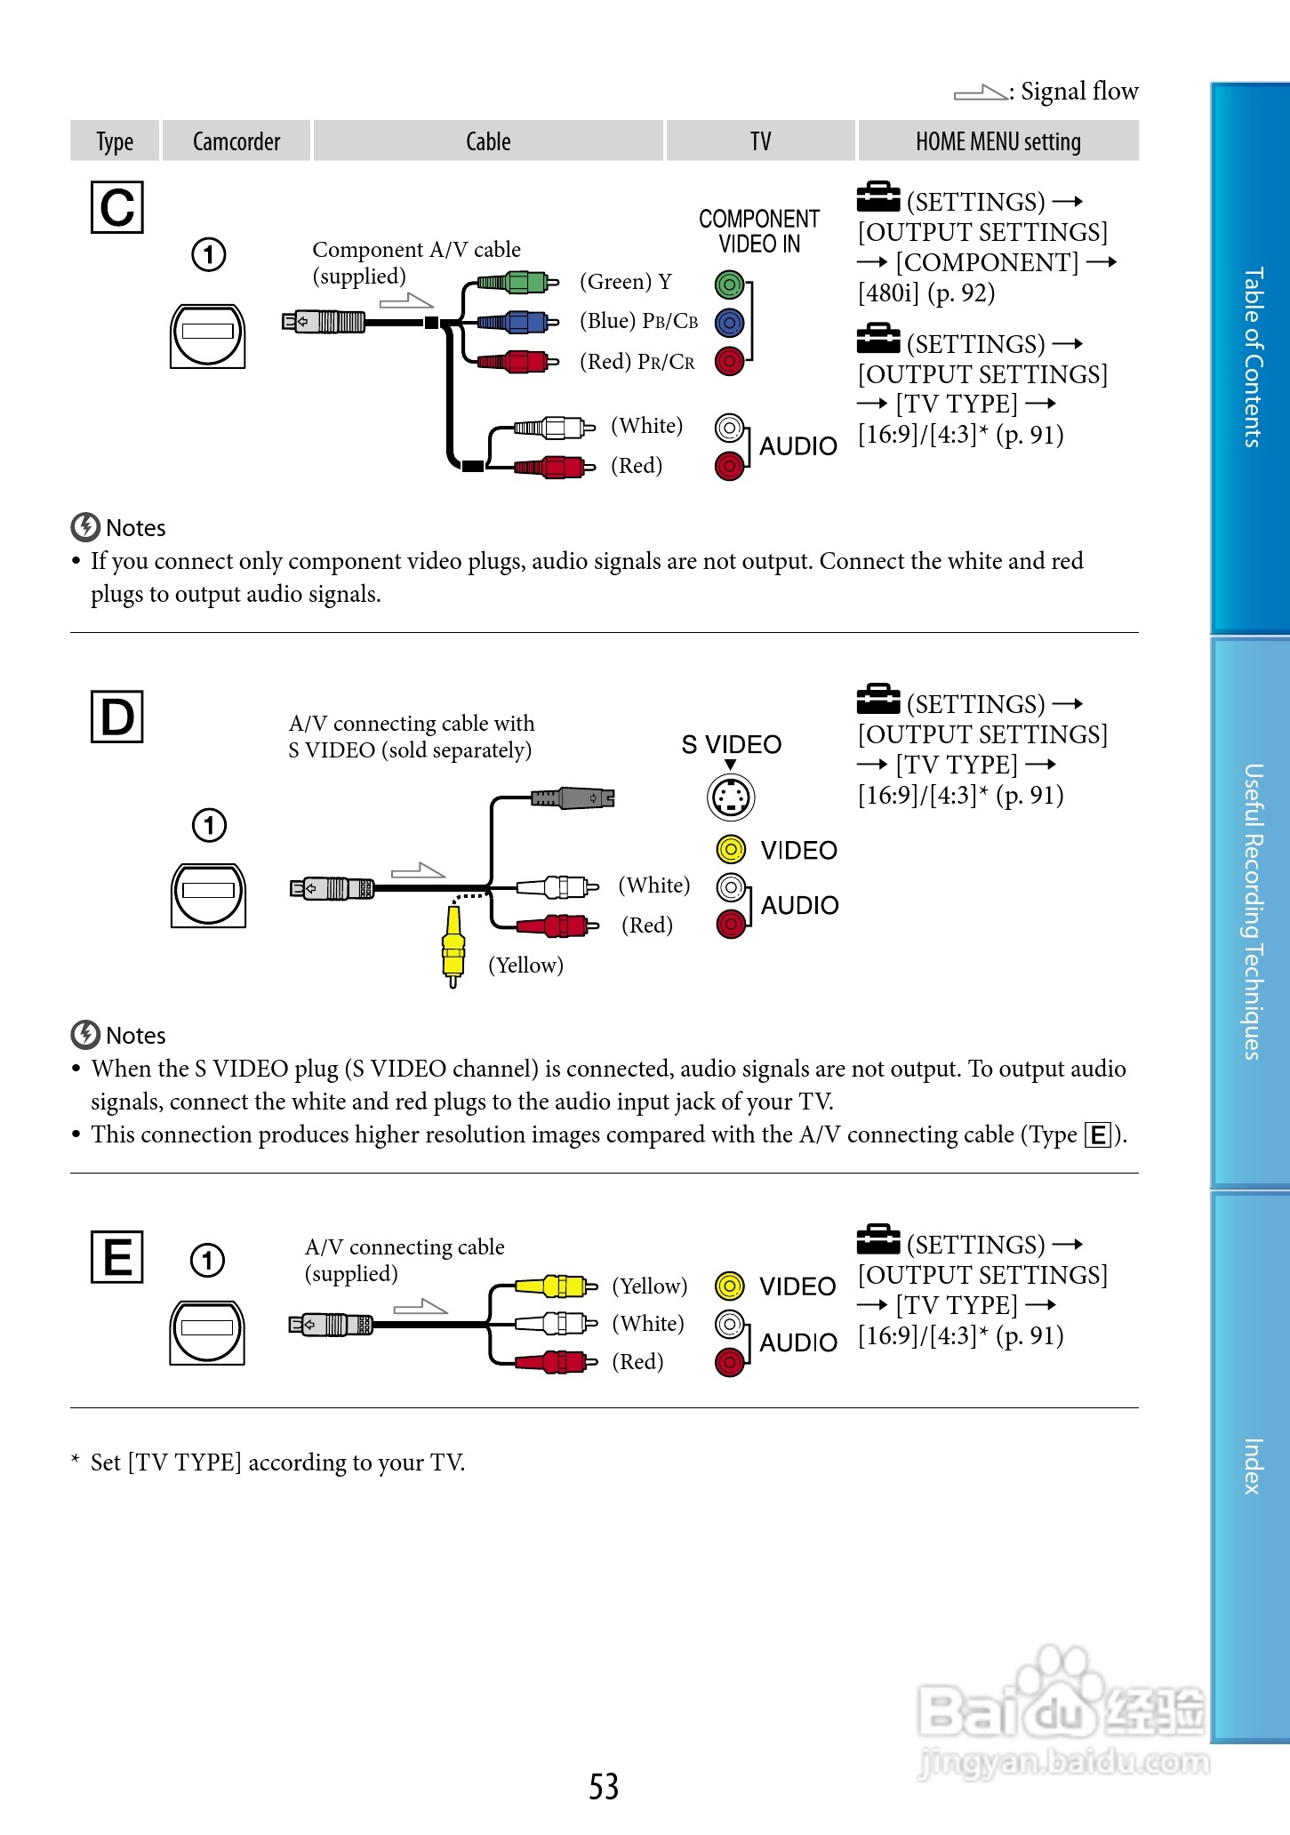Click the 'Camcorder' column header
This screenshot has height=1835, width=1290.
pyautogui.click(x=236, y=141)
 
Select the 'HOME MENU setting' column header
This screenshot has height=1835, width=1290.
pyautogui.click(x=998, y=141)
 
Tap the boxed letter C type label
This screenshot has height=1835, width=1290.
pyautogui.click(x=117, y=208)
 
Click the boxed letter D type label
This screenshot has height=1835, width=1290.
pyautogui.click(x=117, y=717)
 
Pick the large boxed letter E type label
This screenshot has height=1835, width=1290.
pyautogui.click(x=117, y=1257)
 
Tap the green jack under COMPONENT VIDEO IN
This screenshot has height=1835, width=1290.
pyautogui.click(x=729, y=284)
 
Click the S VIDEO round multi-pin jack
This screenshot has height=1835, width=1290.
pyautogui.click(x=731, y=797)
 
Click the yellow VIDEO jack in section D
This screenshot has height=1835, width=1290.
pyautogui.click(x=731, y=850)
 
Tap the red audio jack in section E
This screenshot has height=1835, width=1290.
pyautogui.click(x=729, y=1361)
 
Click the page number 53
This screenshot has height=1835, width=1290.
pyautogui.click(x=604, y=1786)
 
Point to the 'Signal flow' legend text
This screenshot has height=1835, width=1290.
pyautogui.click(x=1078, y=92)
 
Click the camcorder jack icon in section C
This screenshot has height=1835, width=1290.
pyautogui.click(x=208, y=334)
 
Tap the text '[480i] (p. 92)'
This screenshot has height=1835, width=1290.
pyautogui.click(x=926, y=292)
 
